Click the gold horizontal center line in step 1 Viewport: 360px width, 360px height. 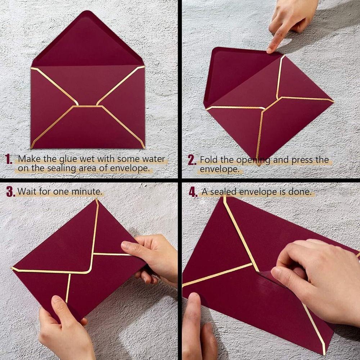[88, 106]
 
